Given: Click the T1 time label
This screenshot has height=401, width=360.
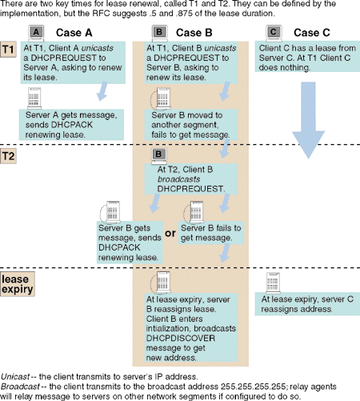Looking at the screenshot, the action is click(8, 50).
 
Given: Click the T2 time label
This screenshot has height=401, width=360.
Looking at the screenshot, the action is click(8, 156).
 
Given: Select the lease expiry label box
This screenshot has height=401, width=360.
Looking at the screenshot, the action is click(18, 284).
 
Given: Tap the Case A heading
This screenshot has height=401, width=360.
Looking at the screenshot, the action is click(74, 33).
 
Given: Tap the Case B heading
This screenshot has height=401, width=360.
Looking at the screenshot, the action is click(194, 33).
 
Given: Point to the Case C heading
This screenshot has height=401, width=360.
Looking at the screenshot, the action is click(312, 33).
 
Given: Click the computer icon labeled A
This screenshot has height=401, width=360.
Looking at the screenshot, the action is click(36, 34).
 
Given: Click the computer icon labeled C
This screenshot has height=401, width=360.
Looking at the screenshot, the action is click(274, 34).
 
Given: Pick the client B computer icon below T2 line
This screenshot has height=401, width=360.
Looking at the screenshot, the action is click(159, 156).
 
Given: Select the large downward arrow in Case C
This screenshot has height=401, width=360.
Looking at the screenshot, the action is click(308, 120).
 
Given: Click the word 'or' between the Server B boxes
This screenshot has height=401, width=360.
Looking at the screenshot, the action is click(170, 234).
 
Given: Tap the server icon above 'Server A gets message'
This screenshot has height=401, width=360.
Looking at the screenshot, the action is click(34, 98).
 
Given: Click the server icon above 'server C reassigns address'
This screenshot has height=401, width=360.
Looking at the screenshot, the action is click(273, 283).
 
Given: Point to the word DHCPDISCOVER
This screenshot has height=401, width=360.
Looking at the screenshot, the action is click(181, 338).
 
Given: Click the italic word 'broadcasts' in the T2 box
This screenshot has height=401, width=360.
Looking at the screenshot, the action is click(178, 179).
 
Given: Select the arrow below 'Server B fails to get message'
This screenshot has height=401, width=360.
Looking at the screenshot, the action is click(224, 253).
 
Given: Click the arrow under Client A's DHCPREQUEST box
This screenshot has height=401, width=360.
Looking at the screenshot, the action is click(102, 91).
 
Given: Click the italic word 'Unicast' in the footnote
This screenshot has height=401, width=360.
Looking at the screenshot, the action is click(15, 377).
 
